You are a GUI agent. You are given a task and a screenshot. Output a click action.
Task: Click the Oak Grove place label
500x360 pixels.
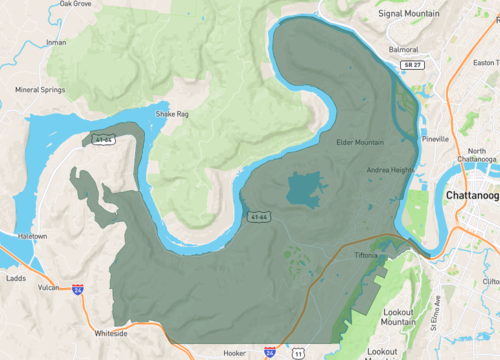tap(75, 4)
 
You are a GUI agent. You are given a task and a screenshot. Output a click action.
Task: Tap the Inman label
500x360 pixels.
tap(56, 42)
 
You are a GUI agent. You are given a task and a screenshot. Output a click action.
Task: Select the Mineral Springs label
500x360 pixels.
tap(41, 89)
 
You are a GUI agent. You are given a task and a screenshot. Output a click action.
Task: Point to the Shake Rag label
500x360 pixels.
tap(170, 114)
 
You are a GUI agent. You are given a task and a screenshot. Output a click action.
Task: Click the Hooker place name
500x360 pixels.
tap(235, 353)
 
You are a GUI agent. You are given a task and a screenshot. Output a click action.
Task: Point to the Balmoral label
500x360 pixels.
tap(403, 48)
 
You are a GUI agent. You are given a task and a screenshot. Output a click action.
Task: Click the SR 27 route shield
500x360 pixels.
tap(410, 65)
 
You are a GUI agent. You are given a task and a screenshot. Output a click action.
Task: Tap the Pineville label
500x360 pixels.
tap(435, 139)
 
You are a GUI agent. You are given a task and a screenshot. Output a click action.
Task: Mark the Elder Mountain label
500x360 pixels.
tap(360, 142)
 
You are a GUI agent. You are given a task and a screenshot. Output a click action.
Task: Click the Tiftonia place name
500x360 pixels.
tap(365, 256)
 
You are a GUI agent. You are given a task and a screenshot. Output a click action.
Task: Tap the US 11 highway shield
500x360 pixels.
tap(298, 353)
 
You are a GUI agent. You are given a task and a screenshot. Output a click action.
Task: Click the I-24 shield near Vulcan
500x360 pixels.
tap(77, 290)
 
